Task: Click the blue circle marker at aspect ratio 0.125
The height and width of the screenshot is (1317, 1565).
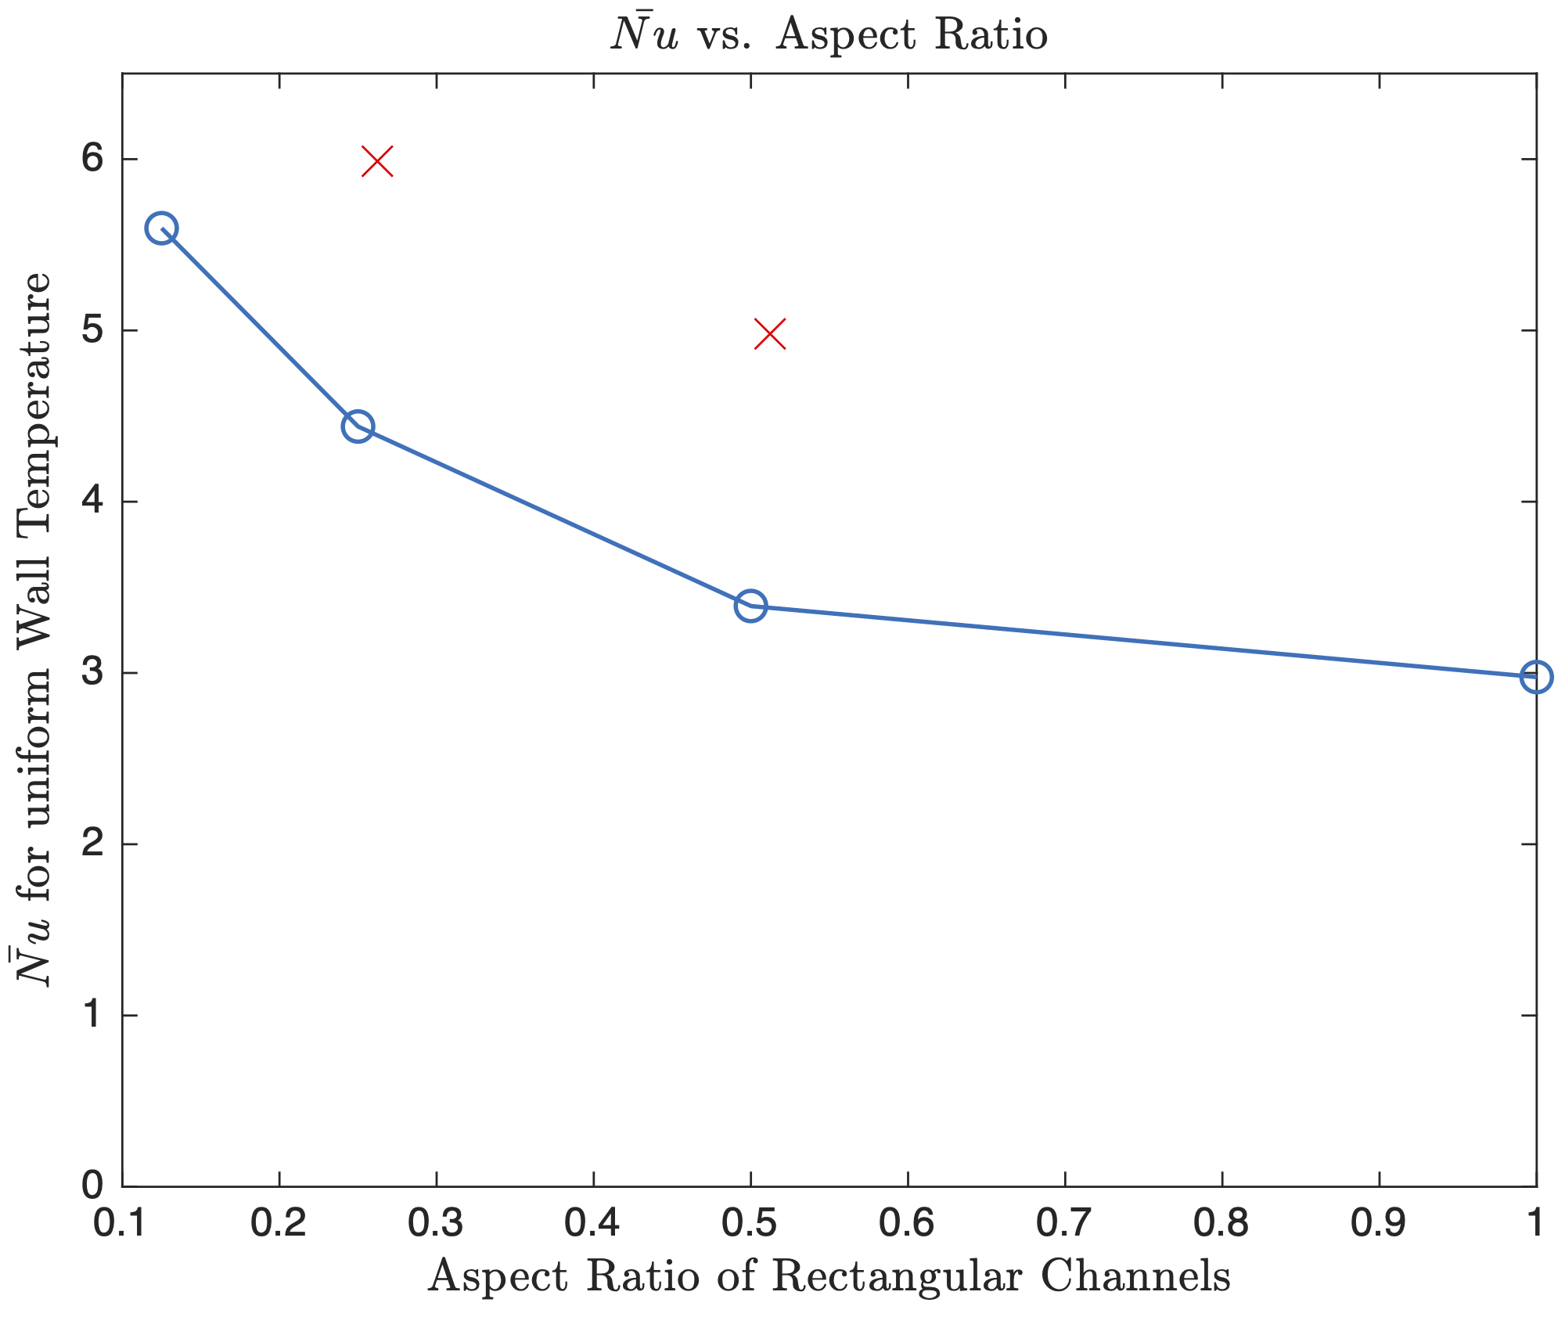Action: point(161,228)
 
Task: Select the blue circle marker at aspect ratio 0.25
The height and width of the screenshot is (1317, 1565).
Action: point(358,426)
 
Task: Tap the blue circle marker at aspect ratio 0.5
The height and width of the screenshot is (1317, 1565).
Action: point(750,606)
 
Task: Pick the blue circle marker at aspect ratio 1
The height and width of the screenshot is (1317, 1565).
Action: point(1536,677)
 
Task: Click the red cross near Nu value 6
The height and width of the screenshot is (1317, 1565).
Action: point(377,162)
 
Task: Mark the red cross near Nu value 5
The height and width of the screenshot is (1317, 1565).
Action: point(770,334)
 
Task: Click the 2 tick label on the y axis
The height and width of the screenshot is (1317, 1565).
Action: point(92,844)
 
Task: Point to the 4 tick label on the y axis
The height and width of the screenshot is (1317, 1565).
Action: point(92,502)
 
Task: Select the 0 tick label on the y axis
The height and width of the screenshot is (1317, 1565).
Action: point(92,1186)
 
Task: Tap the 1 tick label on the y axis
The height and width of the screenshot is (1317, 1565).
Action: point(92,1016)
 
